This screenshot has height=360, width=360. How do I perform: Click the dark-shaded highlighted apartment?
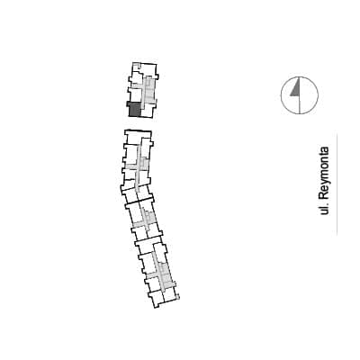[134, 110]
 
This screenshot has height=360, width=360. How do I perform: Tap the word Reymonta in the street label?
[324, 173]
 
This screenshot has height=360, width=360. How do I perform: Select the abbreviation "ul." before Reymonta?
[324, 209]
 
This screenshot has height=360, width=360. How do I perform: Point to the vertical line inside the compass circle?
[300, 95]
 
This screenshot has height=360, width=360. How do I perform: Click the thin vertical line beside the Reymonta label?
[337, 184]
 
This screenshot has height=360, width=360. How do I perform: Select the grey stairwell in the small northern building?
[149, 89]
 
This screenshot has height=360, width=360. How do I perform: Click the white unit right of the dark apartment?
[148, 111]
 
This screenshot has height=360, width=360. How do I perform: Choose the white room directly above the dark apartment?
[136, 94]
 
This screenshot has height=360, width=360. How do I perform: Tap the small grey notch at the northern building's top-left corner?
[137, 66]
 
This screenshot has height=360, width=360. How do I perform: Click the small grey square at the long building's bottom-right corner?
[177, 297]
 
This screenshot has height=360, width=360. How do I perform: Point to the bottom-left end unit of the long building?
[157, 299]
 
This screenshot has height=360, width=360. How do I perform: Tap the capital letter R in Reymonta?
[324, 196]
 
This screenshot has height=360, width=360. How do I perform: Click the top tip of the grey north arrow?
[299, 77]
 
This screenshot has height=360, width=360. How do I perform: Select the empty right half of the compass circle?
[309, 95]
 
